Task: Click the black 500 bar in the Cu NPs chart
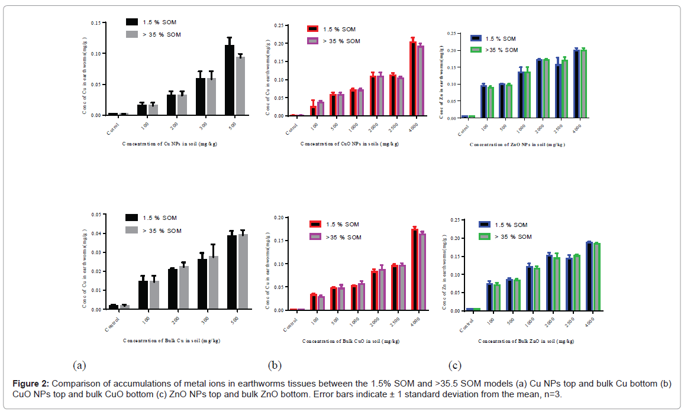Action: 230,80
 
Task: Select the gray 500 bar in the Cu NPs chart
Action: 240,86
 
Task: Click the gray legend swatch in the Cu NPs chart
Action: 132,34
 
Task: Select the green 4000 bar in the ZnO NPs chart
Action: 583,84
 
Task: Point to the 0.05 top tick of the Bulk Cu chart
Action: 96,215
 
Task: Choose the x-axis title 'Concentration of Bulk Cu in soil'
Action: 170,340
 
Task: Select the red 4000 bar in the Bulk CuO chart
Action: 414,269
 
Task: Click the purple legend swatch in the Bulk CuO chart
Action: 315,237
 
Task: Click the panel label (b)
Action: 276,365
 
